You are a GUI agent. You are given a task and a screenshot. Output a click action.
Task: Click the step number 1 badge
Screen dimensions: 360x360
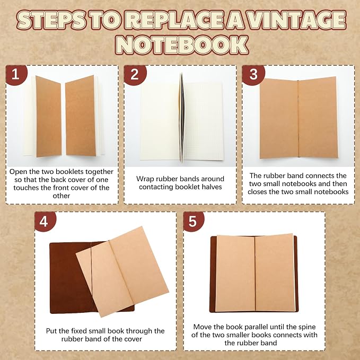click(16, 75)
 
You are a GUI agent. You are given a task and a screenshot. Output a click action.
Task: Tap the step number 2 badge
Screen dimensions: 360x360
click(135, 75)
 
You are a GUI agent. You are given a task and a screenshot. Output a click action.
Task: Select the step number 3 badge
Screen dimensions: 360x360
click(253, 75)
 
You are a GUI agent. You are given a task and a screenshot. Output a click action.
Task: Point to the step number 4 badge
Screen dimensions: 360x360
click(45, 221)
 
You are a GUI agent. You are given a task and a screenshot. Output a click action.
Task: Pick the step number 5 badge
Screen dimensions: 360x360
click(194, 221)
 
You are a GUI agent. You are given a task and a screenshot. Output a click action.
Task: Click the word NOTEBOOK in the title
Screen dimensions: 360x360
click(182, 45)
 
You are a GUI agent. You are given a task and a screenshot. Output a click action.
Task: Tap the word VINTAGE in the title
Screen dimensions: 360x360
click(297, 20)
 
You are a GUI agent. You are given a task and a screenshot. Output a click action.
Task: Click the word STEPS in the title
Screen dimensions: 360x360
click(51, 20)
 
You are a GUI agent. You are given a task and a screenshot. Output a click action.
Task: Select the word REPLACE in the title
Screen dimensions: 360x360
click(174, 20)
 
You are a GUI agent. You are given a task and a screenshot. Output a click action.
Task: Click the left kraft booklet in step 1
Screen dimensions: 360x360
click(48, 117)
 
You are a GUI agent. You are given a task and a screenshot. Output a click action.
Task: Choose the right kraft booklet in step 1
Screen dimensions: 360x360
click(81, 116)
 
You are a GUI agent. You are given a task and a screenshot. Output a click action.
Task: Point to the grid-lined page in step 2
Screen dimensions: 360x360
click(204, 121)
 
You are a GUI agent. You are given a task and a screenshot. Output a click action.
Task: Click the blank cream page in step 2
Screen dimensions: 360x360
click(160, 121)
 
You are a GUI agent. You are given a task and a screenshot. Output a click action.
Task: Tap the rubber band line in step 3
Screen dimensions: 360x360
click(298, 119)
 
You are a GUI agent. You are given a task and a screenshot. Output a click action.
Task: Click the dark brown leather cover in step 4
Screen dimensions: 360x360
click(69, 278)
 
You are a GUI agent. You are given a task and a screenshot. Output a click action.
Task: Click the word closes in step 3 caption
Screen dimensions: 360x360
click(257, 192)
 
